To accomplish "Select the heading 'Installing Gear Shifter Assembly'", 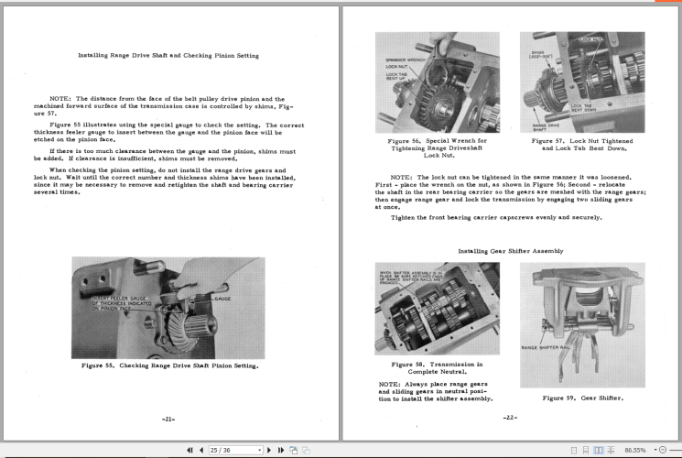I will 511,250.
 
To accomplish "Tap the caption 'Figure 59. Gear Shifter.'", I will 582,398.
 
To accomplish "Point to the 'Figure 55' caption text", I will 168,365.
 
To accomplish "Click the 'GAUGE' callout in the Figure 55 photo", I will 222,300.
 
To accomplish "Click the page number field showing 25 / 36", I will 234,450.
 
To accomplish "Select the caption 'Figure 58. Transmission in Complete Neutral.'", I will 437,368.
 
